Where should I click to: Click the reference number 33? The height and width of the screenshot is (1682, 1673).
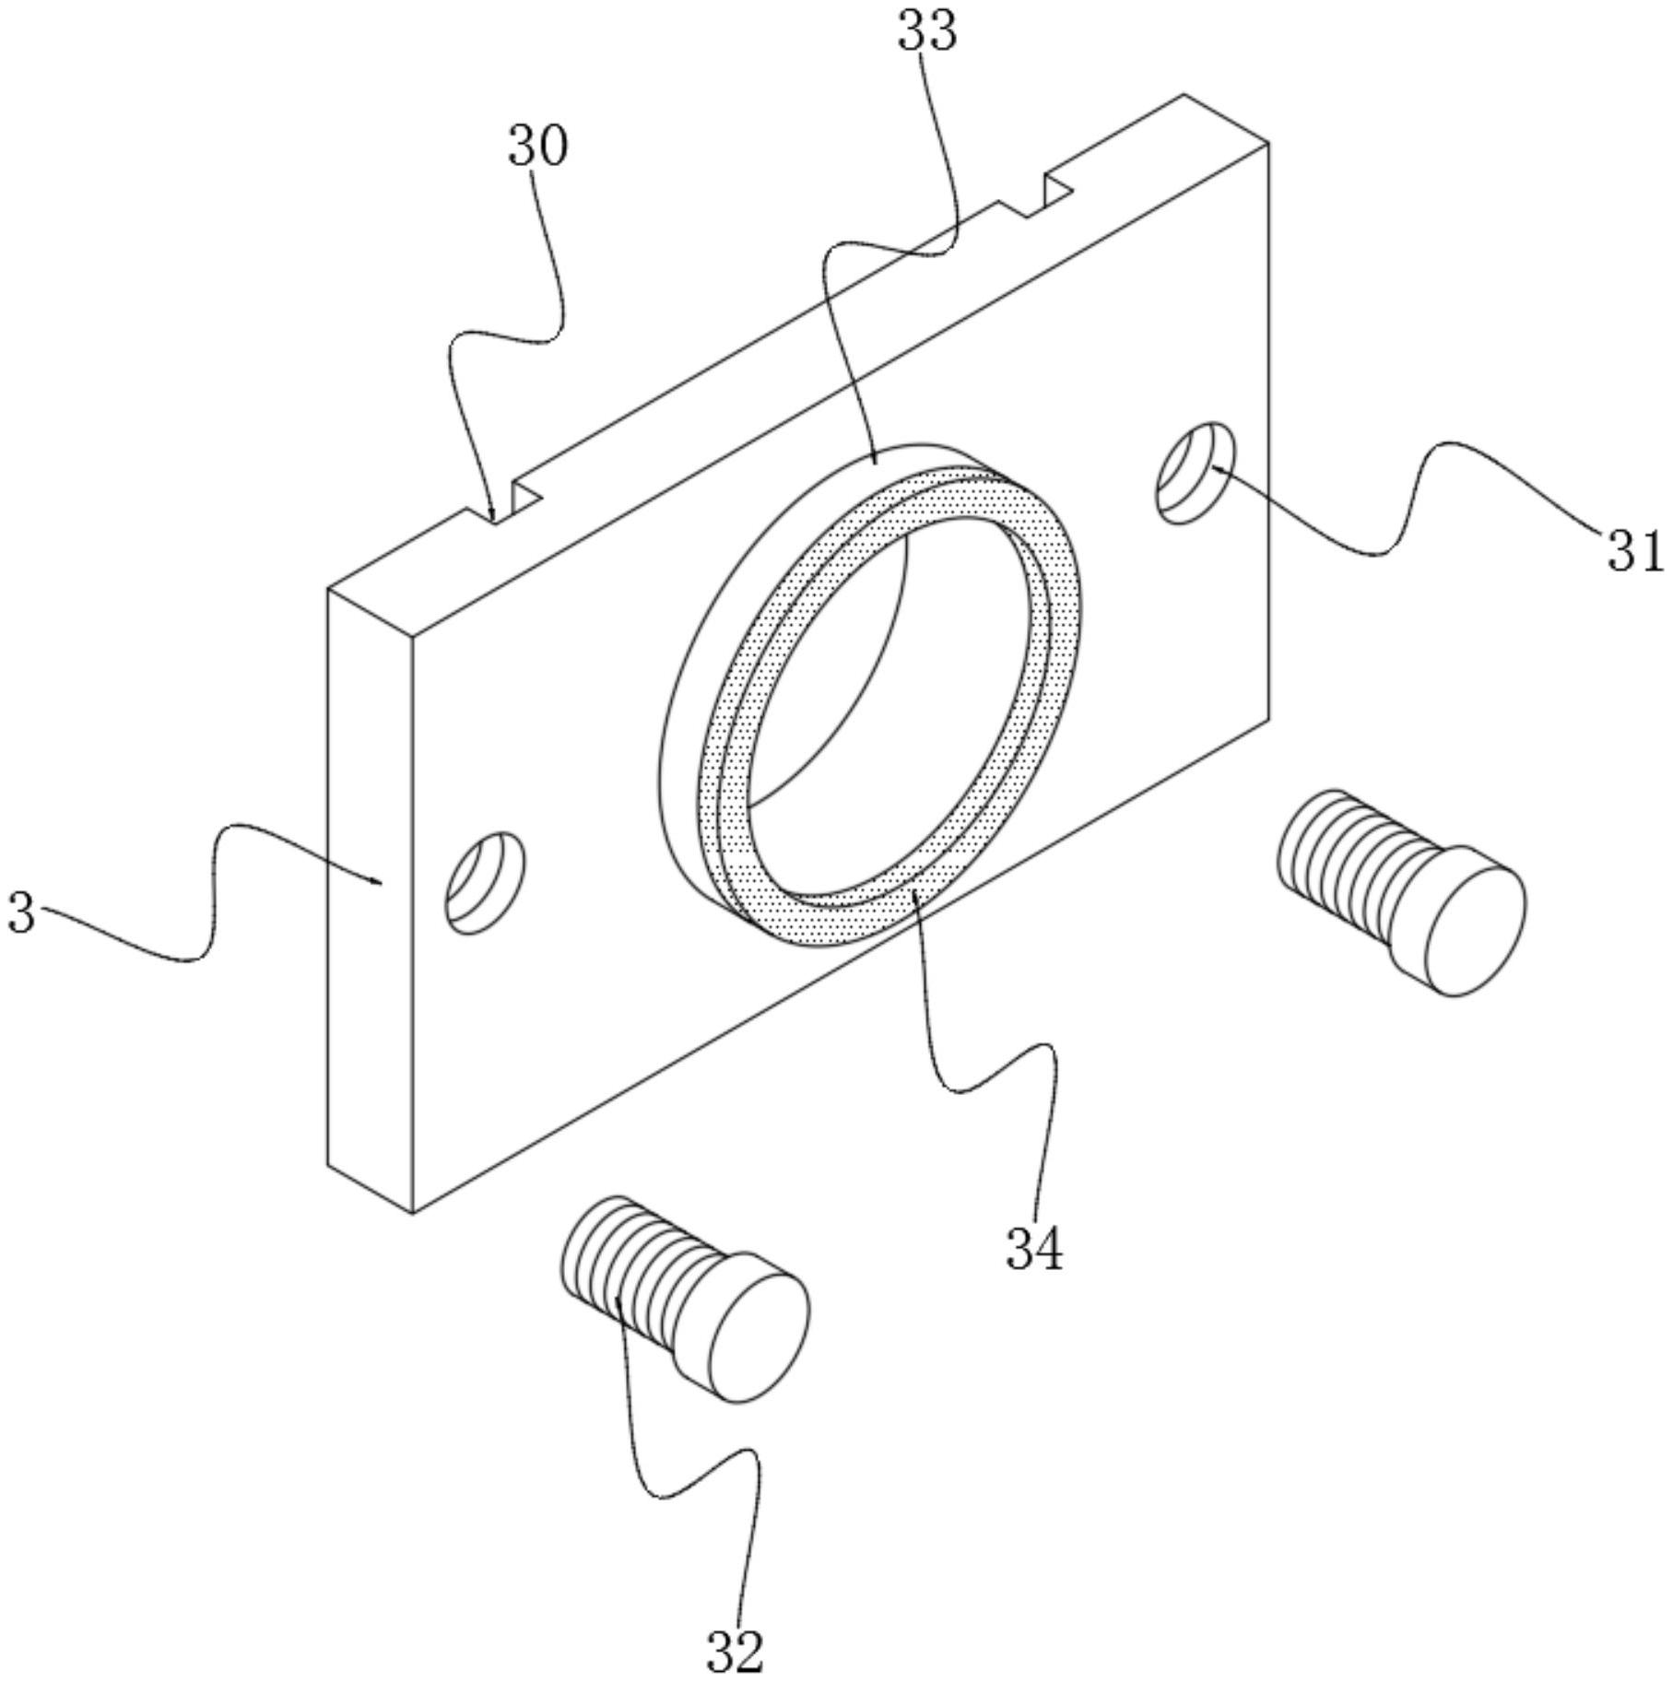coord(927,31)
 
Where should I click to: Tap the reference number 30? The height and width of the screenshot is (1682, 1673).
coord(538,147)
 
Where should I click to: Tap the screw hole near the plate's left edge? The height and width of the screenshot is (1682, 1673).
coord(486,882)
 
